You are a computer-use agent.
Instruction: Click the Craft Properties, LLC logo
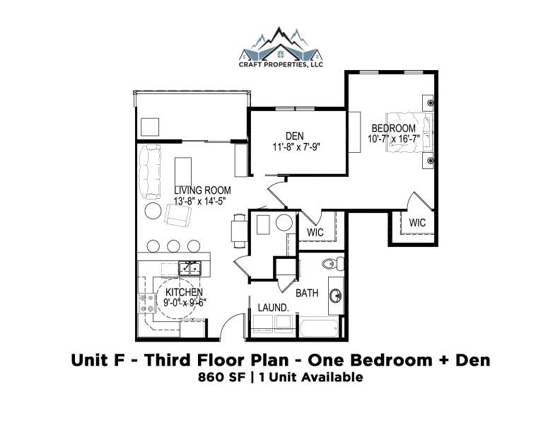tap(281, 47)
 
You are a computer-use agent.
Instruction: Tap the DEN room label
tap(295, 136)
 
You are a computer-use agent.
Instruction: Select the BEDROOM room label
tap(394, 128)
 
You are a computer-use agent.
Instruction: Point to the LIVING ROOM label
tap(202, 190)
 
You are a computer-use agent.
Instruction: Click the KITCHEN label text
tap(184, 292)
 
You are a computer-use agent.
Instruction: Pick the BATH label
tap(307, 294)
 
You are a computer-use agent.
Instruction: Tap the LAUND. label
tap(273, 308)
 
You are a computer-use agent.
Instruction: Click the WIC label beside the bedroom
tap(417, 223)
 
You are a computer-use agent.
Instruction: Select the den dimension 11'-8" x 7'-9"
tap(296, 147)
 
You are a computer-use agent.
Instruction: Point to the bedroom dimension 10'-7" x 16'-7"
tap(394, 139)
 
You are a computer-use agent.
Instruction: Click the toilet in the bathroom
tap(333, 264)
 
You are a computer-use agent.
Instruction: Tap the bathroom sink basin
tap(335, 296)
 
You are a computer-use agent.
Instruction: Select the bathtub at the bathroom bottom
tap(319, 328)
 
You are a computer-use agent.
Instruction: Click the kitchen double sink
tap(189, 268)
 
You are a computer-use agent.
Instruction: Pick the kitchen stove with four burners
tap(147, 304)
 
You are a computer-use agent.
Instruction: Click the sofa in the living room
tap(150, 171)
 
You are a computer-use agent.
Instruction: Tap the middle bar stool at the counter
tap(173, 246)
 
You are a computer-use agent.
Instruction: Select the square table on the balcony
tap(150, 127)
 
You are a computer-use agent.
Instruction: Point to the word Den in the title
tap(472, 360)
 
